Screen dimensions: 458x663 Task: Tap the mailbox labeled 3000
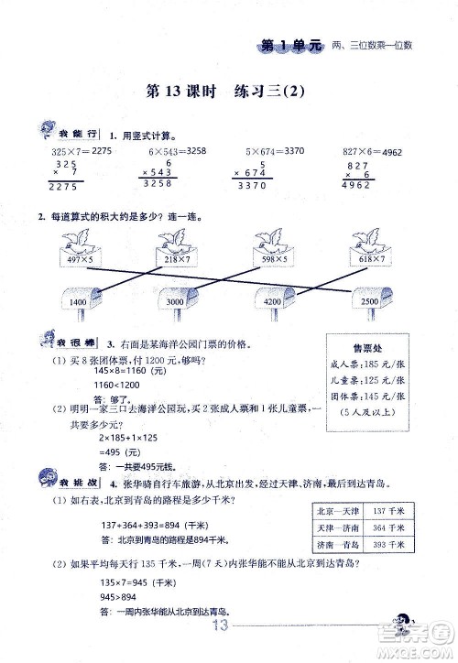click(x=175, y=299)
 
